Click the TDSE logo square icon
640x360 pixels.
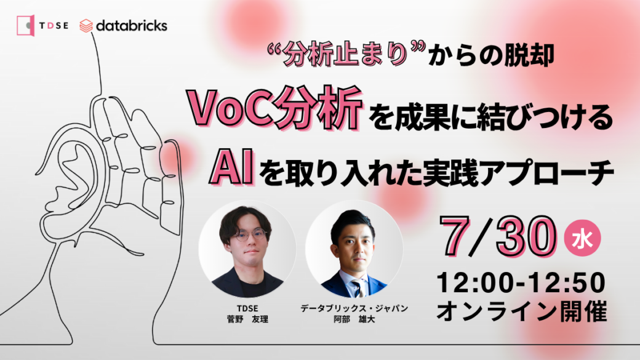click(26, 25)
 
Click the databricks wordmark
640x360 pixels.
click(132, 26)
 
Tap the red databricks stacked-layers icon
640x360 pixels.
click(86, 26)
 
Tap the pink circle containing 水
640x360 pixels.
click(582, 238)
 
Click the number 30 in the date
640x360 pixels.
click(527, 237)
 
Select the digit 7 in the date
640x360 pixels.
click(457, 237)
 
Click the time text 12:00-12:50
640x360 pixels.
click(521, 282)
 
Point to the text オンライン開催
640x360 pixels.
click(522, 311)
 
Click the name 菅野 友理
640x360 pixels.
click(247, 319)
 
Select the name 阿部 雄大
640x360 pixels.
click(354, 319)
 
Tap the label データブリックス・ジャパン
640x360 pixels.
click(354, 308)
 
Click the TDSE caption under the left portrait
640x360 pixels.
click(247, 308)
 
